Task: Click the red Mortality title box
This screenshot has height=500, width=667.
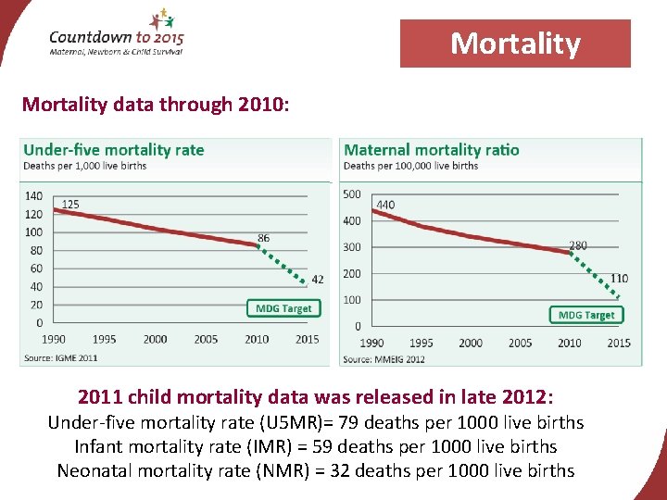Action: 515,44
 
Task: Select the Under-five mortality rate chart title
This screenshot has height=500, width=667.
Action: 114,150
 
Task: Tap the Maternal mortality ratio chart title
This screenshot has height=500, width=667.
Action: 431,150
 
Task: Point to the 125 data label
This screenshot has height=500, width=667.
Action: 70,204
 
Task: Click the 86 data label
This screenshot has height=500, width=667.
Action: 264,238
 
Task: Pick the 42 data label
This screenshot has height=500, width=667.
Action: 318,279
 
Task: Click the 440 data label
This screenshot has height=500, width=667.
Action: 385,205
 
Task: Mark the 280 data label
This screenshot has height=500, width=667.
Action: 577,245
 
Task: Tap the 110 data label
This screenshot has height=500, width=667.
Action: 619,278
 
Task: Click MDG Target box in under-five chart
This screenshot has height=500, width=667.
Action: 283,308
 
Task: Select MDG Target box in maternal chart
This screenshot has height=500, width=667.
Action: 586,315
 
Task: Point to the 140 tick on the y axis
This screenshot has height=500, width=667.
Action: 33,195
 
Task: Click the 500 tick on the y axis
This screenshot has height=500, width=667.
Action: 352,194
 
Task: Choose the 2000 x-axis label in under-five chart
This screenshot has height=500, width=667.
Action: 155,339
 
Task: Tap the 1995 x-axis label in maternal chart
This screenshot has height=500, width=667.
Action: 421,343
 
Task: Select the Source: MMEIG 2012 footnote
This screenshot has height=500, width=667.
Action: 384,358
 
